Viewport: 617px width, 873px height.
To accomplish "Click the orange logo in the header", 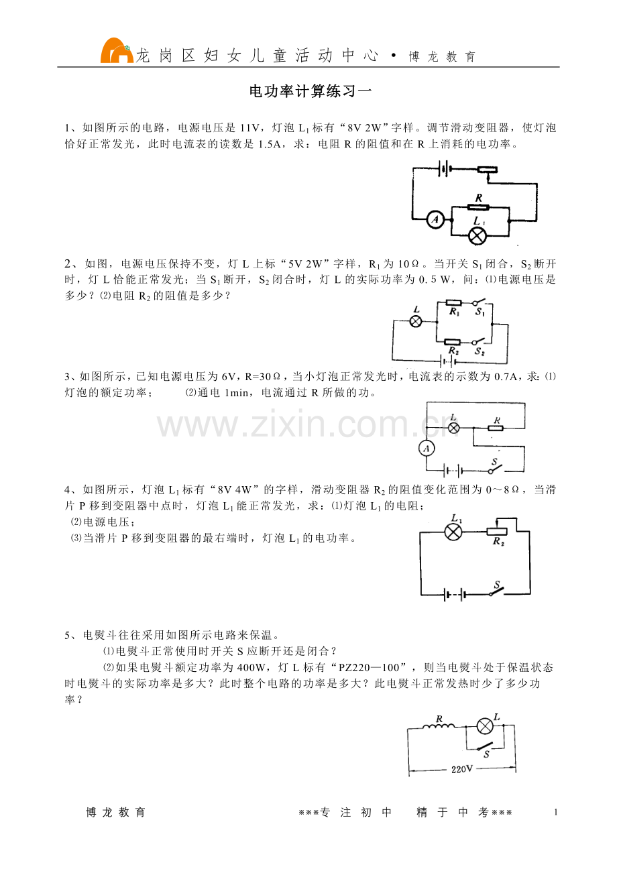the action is click(x=117, y=51).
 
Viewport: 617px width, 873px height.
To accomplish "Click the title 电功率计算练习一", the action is click(x=311, y=91).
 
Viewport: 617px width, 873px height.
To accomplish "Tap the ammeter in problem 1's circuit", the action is click(x=435, y=220).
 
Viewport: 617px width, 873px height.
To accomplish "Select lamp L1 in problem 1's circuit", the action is click(x=477, y=236).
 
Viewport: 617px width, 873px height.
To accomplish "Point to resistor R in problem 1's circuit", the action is click(x=478, y=207).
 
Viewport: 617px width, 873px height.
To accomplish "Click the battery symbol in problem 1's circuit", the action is click(x=445, y=169).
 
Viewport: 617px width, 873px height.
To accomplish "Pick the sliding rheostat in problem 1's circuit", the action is click(x=487, y=170).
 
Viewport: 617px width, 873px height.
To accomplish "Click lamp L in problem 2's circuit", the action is click(x=416, y=322).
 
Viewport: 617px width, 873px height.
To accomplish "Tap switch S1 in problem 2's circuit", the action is click(x=480, y=302).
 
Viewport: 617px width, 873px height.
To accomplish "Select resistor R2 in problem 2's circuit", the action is click(x=453, y=342).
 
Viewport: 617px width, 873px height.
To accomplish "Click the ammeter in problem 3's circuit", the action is click(x=427, y=448).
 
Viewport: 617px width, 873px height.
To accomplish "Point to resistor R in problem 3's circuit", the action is click(x=496, y=428).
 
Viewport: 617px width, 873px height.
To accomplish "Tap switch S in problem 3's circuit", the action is click(x=496, y=469).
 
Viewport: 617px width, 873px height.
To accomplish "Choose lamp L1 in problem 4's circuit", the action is click(x=453, y=532).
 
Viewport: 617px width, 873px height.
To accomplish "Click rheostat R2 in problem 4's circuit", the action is click(x=496, y=531).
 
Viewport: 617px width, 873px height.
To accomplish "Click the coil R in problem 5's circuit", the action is click(x=439, y=726).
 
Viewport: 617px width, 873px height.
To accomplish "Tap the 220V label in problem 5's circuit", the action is click(x=462, y=769).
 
